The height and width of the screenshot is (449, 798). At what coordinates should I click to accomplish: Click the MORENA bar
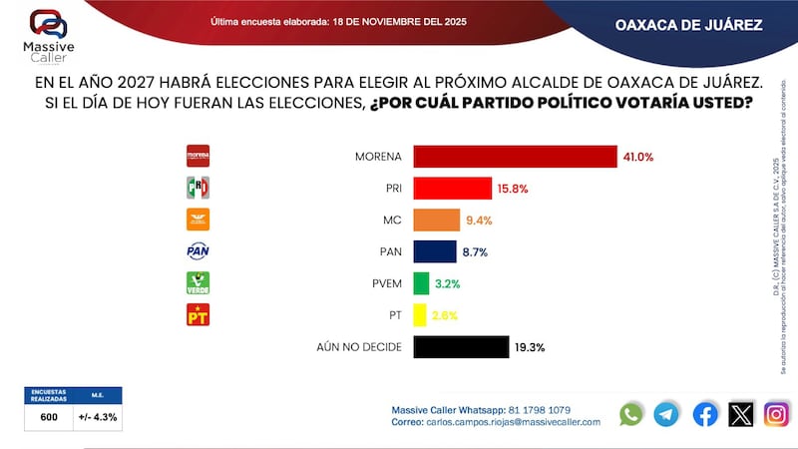(515, 157)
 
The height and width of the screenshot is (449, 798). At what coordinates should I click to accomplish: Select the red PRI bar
(452, 189)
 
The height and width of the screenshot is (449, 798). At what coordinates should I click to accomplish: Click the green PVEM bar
(421, 283)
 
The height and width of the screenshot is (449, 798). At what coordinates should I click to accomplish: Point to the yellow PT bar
(420, 315)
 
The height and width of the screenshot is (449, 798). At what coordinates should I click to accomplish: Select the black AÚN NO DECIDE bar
(461, 347)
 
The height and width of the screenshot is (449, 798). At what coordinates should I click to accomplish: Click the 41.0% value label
(639, 157)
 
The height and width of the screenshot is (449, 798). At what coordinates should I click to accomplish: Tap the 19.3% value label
(531, 347)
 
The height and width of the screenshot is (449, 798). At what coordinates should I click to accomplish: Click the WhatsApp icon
(631, 414)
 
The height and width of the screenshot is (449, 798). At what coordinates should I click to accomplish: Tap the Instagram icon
(776, 414)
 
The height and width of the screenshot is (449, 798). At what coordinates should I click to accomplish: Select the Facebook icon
(704, 414)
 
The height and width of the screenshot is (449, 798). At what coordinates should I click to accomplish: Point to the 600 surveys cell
(49, 417)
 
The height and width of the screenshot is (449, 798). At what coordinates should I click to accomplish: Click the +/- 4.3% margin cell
(98, 417)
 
